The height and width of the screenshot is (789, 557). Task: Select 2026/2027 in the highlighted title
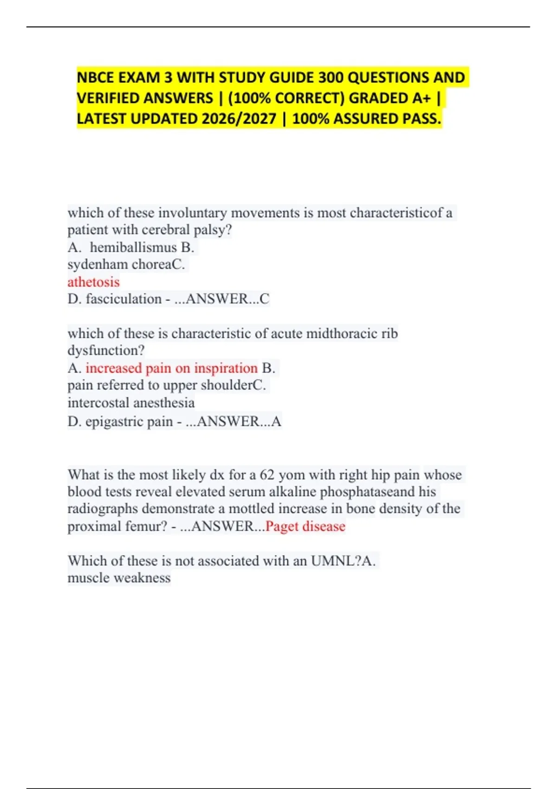pos(239,119)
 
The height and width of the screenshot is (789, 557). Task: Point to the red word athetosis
pos(93,282)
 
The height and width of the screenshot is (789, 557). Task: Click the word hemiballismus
pos(133,247)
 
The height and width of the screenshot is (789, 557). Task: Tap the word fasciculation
pos(123,299)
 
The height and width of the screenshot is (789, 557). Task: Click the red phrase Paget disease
pos(305,526)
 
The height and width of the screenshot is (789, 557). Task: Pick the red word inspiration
pos(226,368)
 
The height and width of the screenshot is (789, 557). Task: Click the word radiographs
pos(103,509)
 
